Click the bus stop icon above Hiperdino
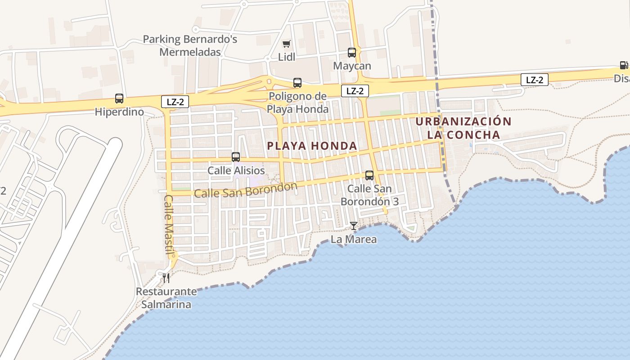point(119,99)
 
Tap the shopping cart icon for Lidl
point(286,44)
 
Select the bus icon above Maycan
point(352,53)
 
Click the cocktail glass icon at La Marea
point(354,226)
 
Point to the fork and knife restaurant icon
point(166,278)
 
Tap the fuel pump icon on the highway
point(624,66)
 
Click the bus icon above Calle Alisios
point(236,157)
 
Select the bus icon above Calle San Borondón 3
point(369,175)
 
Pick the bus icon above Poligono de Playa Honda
point(297,83)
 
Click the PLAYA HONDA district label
point(312,146)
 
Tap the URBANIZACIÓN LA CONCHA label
point(463,128)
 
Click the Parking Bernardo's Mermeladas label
point(190,45)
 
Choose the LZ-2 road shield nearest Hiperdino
point(175,102)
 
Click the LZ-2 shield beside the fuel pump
point(535,80)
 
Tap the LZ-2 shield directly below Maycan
point(355,91)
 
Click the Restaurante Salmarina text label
point(166,298)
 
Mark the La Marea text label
point(354,239)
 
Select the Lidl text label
point(287,57)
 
